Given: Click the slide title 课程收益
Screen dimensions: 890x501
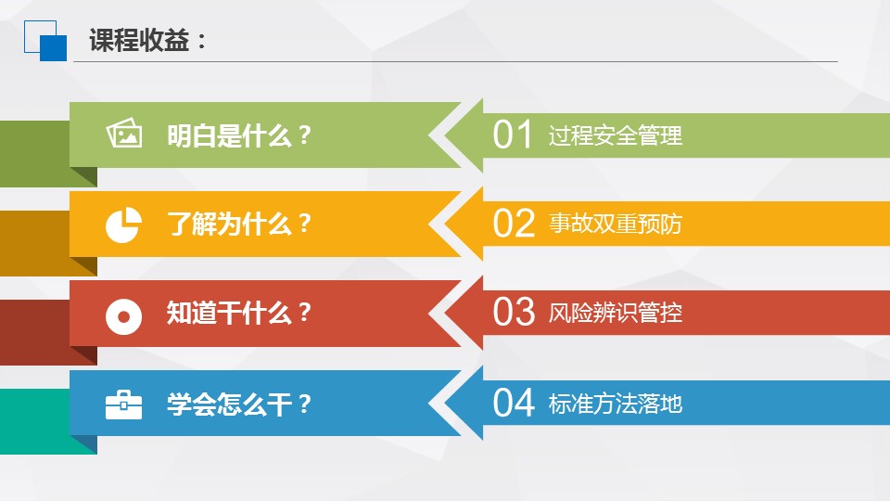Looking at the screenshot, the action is [x=139, y=41].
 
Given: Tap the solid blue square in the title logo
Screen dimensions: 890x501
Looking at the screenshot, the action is [x=54, y=47].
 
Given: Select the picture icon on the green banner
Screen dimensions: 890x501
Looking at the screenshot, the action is [x=123, y=133].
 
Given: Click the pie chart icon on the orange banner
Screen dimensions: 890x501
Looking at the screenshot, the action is [x=123, y=225].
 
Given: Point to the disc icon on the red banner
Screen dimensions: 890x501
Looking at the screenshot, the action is [x=123, y=315].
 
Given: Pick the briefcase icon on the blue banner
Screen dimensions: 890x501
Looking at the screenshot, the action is [x=123, y=405].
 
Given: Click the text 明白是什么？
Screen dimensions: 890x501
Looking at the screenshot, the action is [x=239, y=135].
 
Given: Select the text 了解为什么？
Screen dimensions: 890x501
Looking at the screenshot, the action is [x=239, y=224].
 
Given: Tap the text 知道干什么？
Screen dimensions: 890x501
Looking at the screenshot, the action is [x=239, y=313].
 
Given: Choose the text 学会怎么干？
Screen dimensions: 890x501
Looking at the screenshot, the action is [x=239, y=404].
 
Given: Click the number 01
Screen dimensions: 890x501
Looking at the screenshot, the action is [x=513, y=135].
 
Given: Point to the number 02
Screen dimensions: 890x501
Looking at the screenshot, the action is [x=514, y=224].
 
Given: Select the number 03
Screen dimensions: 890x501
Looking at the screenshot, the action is [x=514, y=312].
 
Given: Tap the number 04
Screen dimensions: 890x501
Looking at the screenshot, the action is [x=514, y=403].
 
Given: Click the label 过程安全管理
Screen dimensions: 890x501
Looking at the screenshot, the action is [x=616, y=135].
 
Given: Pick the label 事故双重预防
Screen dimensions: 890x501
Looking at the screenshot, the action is [x=616, y=224].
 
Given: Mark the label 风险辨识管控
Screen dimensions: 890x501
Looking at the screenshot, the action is [x=616, y=313].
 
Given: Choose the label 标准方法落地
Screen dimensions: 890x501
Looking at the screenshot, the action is [x=616, y=404].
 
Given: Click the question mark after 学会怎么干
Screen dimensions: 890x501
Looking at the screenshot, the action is [x=304, y=404].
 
